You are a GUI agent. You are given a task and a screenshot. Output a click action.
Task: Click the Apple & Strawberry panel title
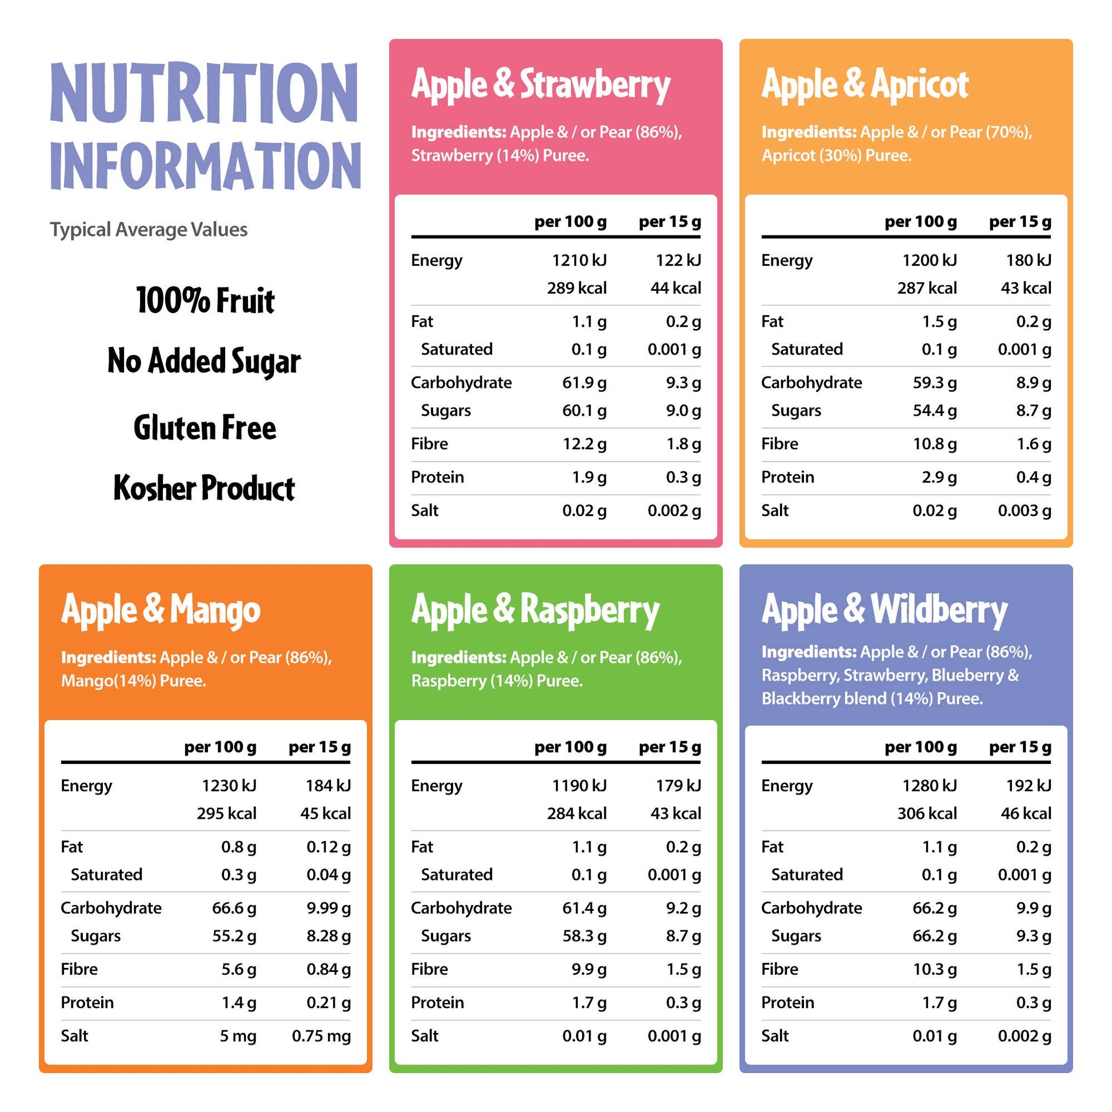[x=541, y=85]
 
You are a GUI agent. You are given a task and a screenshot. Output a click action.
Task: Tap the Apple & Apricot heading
[x=865, y=85]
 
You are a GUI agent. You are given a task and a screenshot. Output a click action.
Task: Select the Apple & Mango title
[x=161, y=610]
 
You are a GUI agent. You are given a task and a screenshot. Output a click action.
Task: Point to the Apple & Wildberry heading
[x=884, y=610]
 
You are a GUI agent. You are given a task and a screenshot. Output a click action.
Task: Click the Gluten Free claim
[x=205, y=428]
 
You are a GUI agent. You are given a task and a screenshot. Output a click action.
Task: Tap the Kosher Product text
[x=205, y=489]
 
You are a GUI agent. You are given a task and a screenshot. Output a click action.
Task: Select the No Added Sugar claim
[x=205, y=362]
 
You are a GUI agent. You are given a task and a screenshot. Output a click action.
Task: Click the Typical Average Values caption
[x=149, y=230]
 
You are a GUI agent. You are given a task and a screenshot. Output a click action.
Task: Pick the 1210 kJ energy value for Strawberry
[x=579, y=261]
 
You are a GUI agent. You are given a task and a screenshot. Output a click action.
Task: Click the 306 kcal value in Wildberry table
[x=927, y=813]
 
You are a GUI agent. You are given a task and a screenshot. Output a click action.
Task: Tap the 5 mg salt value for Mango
[x=238, y=1036]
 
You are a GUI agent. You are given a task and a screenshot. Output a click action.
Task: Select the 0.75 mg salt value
[x=321, y=1036]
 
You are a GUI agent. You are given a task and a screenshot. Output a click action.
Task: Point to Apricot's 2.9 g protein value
[x=939, y=477]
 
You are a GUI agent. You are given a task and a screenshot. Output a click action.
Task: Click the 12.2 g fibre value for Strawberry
[x=584, y=444]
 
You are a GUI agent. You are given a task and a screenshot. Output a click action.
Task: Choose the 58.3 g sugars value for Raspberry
[x=584, y=936]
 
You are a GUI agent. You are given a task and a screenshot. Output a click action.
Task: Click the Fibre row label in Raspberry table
[x=429, y=969]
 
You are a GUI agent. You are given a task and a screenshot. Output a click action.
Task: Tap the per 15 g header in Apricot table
[x=1020, y=222]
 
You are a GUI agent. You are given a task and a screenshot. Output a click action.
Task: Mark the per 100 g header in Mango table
[x=220, y=747]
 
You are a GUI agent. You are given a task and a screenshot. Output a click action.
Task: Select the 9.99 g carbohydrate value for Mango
[x=328, y=908]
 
